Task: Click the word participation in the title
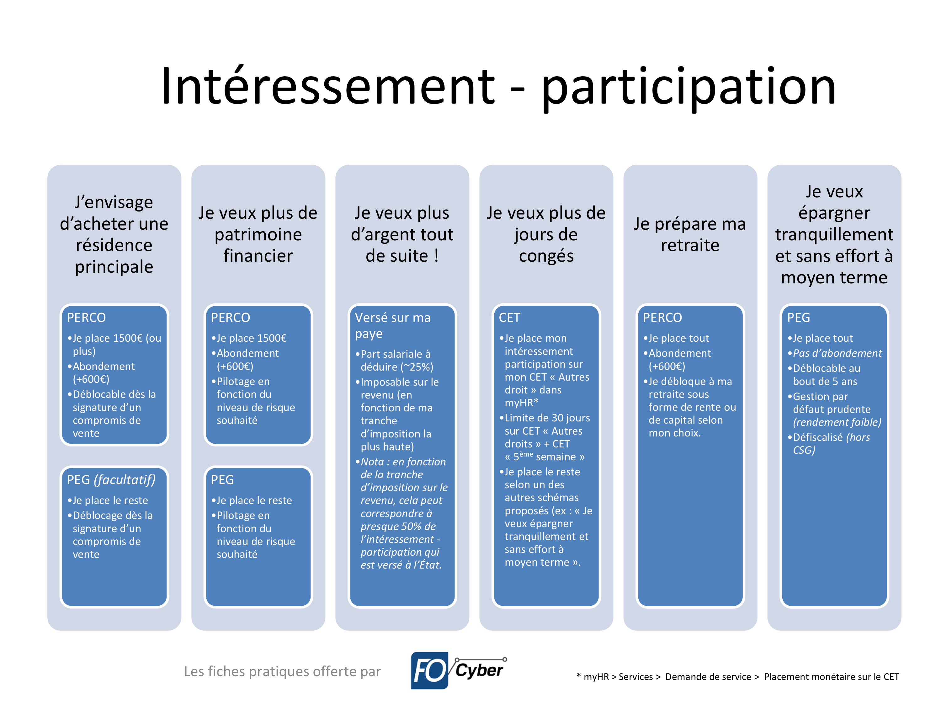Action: [689, 89]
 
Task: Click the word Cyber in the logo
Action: [479, 670]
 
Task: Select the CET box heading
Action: [509, 318]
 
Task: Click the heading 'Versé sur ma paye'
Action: [393, 326]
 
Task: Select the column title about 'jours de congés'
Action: [546, 234]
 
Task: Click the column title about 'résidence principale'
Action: [114, 234]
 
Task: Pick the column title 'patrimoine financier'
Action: [258, 234]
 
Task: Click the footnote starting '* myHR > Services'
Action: [738, 677]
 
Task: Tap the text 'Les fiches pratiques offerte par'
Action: [282, 671]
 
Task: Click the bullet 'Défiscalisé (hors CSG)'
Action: [828, 443]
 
